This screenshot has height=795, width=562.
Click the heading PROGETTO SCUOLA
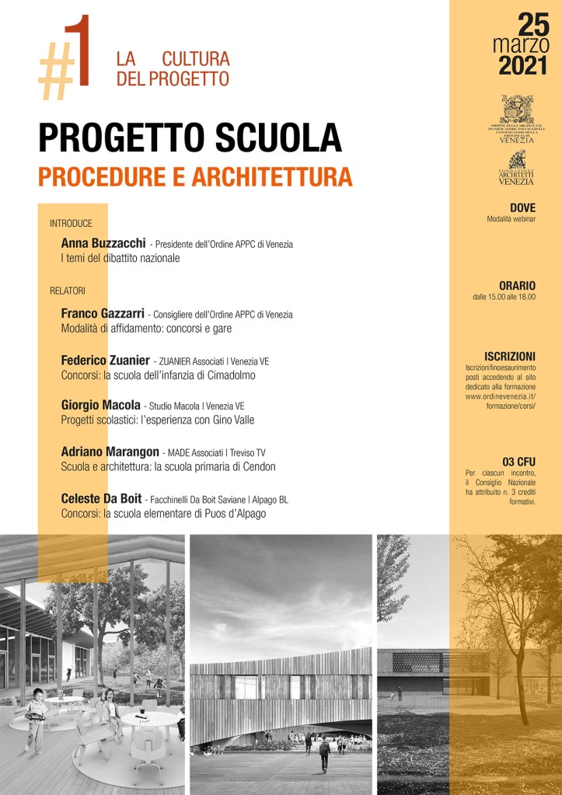[190, 138]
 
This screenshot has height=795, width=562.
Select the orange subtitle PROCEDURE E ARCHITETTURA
[195, 176]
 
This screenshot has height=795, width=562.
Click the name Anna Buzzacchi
[103, 243]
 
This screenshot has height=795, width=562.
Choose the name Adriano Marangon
[110, 452]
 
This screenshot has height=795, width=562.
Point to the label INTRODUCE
[71, 223]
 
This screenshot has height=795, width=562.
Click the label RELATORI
[68, 291]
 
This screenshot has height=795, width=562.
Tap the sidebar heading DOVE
[522, 207]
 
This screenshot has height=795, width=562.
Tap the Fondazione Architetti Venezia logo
[516, 168]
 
